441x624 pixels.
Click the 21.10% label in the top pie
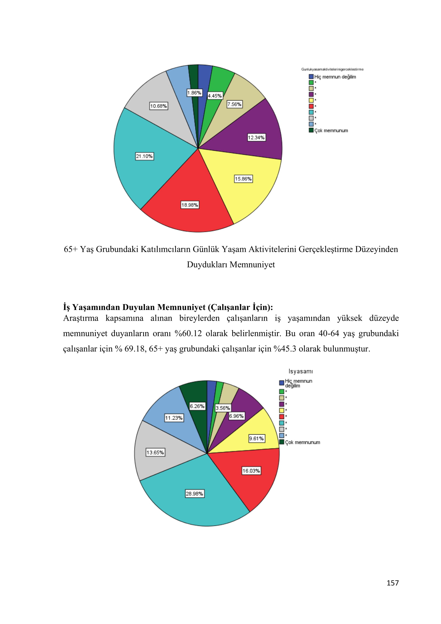pos(145,156)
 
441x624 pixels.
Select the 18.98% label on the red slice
pos(190,205)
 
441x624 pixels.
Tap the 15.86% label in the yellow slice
pos(243,179)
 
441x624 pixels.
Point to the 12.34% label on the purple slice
pos(256,137)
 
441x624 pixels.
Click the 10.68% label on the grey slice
pos(159,106)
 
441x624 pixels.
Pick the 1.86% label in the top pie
pos(194,93)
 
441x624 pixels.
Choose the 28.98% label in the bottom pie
pos(194,494)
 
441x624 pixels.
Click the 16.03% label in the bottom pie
pos(251,471)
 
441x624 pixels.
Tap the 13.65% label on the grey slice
pos(155,452)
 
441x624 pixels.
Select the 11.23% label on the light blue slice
pos(174,418)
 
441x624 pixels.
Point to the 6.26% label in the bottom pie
pos(197,406)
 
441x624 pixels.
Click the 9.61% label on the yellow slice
pos(256,438)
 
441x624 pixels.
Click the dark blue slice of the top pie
pos(204,76)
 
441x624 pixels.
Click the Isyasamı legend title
pos(300,371)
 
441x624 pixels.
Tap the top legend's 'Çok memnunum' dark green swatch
pos(311,130)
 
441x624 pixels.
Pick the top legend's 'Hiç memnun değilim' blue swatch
pos(311,77)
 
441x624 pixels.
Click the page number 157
pos(392,583)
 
